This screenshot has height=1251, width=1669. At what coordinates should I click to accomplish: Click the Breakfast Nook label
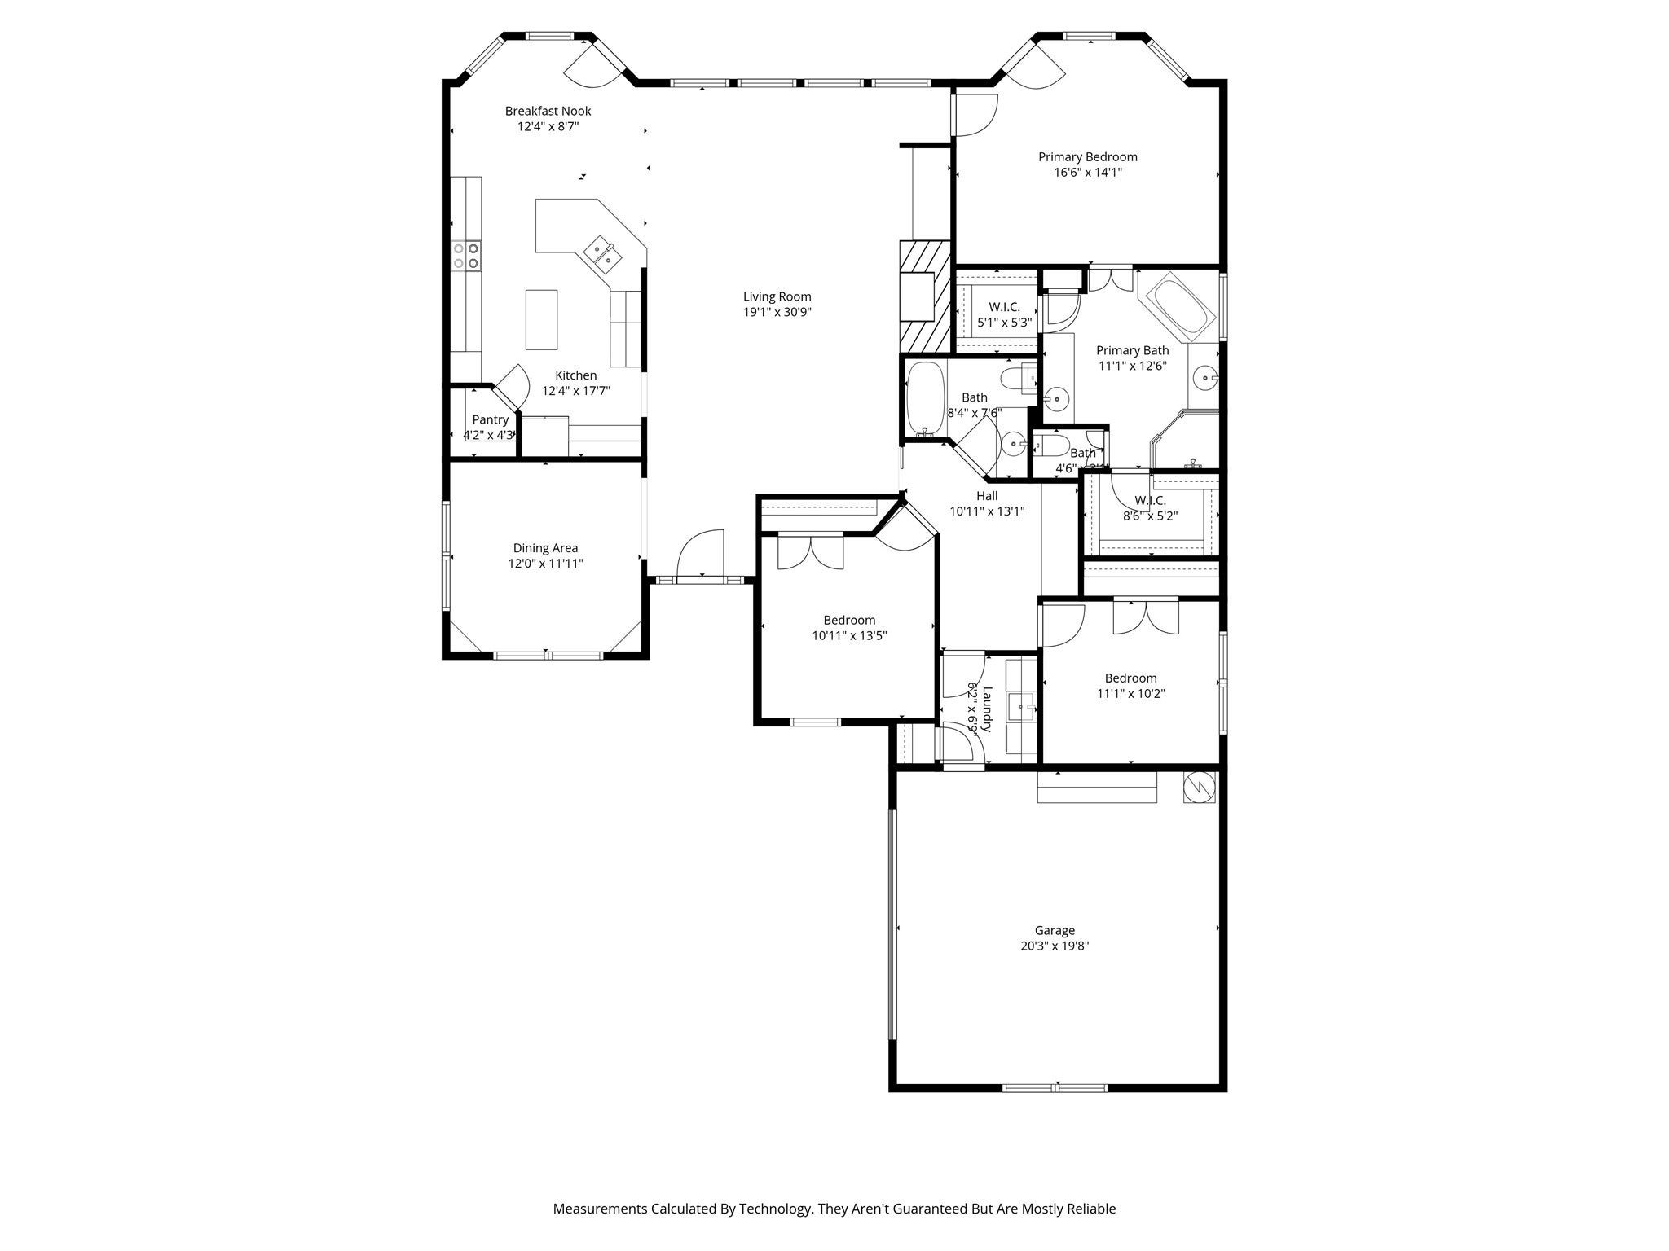(548, 111)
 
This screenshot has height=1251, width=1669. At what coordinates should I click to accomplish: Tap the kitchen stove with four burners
(466, 255)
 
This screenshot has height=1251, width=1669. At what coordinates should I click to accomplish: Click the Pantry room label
(490, 419)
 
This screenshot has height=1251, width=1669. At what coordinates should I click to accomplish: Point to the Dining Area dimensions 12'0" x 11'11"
(545, 564)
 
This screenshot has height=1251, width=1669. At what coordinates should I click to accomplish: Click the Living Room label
(777, 296)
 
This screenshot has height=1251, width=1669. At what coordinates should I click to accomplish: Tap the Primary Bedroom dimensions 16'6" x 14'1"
(1087, 173)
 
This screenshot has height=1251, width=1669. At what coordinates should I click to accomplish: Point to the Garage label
(1055, 930)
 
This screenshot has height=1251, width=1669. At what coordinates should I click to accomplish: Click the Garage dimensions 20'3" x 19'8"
(1055, 946)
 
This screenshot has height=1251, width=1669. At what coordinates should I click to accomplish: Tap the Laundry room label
(987, 709)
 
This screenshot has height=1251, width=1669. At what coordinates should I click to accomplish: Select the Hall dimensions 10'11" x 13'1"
(986, 511)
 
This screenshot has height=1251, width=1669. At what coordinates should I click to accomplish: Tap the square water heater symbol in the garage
(1200, 787)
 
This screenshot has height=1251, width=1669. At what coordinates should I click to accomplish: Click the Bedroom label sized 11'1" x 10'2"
(1130, 678)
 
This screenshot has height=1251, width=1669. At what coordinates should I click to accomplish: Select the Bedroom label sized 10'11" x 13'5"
(848, 620)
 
